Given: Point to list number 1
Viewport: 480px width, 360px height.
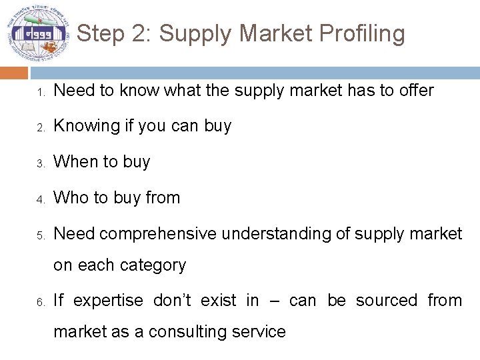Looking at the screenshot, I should [39, 91].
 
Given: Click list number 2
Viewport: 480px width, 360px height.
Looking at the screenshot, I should [39, 127].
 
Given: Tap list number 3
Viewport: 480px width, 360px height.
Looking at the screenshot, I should [39, 163].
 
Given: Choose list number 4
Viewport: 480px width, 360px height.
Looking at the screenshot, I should [39, 199].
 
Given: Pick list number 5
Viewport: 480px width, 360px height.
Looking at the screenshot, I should [39, 235].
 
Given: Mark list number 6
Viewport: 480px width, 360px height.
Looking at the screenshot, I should [39, 302].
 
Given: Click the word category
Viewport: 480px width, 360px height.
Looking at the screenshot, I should [153, 265].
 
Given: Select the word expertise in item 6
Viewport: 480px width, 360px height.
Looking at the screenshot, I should [108, 301].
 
